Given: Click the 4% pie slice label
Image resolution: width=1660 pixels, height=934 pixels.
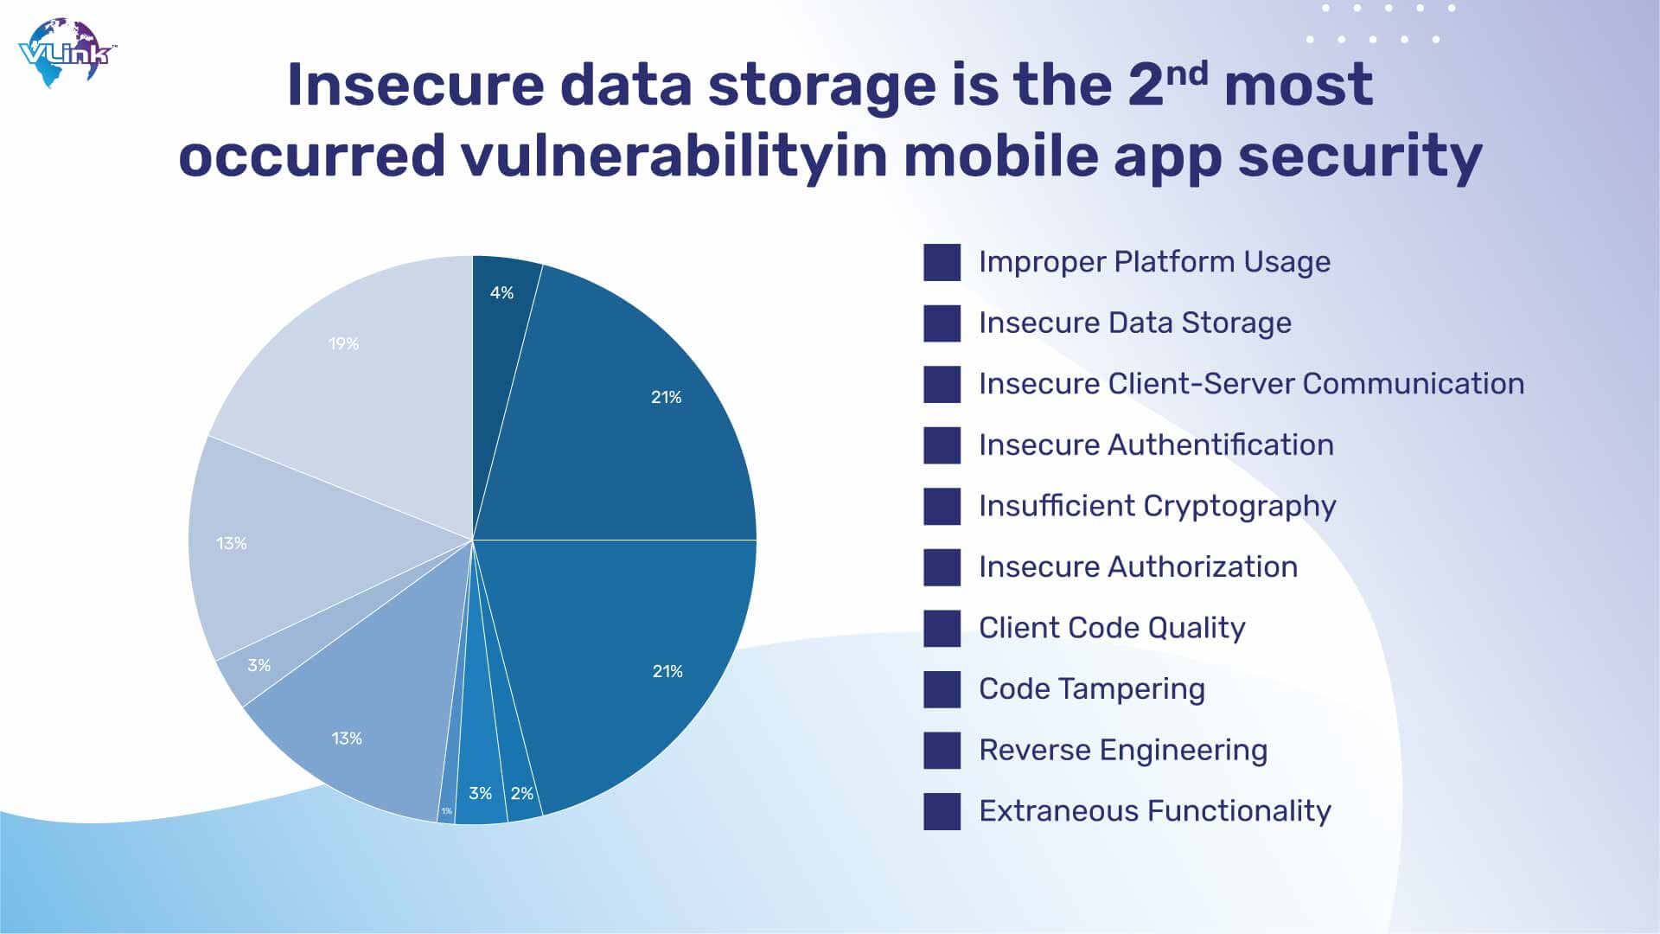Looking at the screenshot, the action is click(x=501, y=293).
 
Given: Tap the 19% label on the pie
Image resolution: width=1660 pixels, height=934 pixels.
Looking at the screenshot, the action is click(x=343, y=344).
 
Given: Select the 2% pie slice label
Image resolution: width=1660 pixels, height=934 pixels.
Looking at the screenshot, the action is click(x=522, y=794).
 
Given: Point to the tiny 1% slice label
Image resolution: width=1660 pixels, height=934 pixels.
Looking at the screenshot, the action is click(x=446, y=811).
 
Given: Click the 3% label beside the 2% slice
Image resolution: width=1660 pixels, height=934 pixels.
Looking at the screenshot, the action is click(x=480, y=793).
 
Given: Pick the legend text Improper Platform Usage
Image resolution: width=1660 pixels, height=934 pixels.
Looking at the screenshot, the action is click(x=1154, y=262).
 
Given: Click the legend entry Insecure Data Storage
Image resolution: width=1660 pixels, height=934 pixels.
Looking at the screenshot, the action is click(x=1135, y=323).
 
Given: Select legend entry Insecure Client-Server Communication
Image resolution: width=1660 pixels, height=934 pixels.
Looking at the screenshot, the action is click(x=1251, y=384).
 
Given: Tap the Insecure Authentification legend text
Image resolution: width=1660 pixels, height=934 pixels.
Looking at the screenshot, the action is click(x=1156, y=445).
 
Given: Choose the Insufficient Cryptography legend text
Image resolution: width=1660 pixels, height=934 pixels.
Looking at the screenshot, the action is click(x=1158, y=507).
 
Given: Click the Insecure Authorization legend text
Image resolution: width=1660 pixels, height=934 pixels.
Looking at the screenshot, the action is click(x=1138, y=567).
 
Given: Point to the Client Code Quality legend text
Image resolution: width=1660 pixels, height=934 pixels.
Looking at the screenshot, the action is click(x=1112, y=629).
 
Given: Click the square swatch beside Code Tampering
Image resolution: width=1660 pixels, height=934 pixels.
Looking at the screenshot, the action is click(x=942, y=689).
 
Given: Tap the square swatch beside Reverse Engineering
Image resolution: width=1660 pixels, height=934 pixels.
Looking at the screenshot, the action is click(x=942, y=751).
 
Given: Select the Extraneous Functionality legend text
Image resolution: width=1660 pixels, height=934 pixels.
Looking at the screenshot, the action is click(x=1155, y=811).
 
